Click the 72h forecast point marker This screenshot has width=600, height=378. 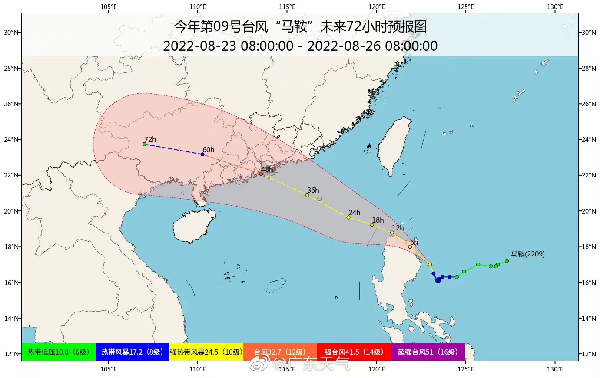coord(144,144)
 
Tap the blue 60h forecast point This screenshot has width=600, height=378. coord(202,154)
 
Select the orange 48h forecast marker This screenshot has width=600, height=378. coord(261,174)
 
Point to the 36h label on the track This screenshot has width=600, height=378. coord(313,190)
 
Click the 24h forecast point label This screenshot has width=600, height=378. coord(354,213)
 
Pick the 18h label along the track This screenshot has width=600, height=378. coord(378,220)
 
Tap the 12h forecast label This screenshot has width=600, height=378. coord(398,228)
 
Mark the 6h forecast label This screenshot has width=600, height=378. coord(414,242)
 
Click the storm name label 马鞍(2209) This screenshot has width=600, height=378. coord(527,254)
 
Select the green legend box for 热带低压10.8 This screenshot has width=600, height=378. coord(58,352)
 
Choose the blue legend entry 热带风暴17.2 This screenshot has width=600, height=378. coord(132,352)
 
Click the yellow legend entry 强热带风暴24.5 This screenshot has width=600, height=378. coord(206,352)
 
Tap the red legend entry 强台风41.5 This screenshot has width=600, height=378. coord(354,352)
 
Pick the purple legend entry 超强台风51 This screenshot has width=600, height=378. coord(428,352)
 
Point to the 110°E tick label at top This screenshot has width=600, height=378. coord(198,7)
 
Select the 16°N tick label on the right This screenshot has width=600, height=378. coord(589,283)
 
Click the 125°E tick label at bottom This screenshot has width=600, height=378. coord(465,369)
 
